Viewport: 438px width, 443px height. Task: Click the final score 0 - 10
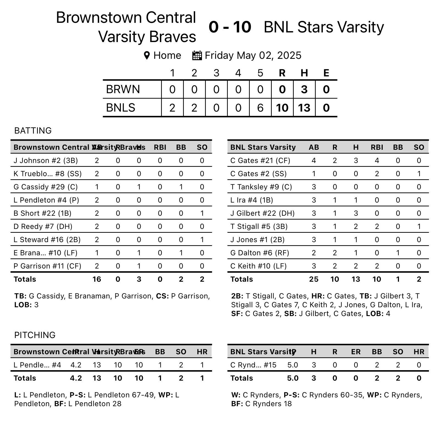click(x=230, y=27)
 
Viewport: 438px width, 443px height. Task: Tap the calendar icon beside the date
click(x=197, y=55)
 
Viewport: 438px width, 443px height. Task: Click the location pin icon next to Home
click(x=147, y=56)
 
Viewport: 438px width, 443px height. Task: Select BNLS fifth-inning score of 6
click(x=260, y=108)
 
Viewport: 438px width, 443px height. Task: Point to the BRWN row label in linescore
click(x=123, y=89)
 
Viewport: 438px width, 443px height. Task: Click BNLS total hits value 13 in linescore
click(x=304, y=108)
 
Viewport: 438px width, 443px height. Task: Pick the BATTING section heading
click(x=33, y=131)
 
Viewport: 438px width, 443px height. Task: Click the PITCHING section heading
click(x=35, y=335)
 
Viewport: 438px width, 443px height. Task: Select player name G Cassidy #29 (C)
click(x=46, y=187)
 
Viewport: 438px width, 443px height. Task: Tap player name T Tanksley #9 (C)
click(x=261, y=187)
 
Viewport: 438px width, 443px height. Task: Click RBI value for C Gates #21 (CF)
click(x=377, y=160)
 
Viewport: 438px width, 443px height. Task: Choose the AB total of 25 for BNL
click(x=314, y=279)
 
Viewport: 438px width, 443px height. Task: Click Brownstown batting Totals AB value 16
click(x=97, y=279)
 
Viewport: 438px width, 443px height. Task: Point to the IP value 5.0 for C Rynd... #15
click(x=293, y=365)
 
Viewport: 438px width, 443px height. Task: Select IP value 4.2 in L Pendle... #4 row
click(x=76, y=365)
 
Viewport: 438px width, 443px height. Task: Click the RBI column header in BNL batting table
click(x=377, y=147)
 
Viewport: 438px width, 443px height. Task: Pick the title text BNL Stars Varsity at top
click(x=324, y=27)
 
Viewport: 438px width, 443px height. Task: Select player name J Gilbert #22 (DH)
click(x=262, y=213)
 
